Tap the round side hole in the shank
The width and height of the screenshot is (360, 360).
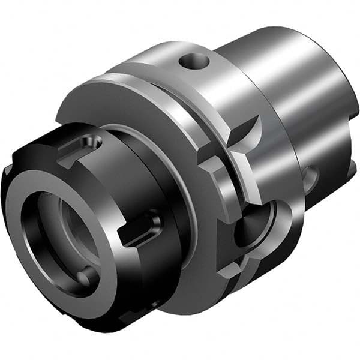pyautogui.click(x=310, y=179)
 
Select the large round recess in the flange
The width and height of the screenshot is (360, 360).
pyautogui.click(x=255, y=225)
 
